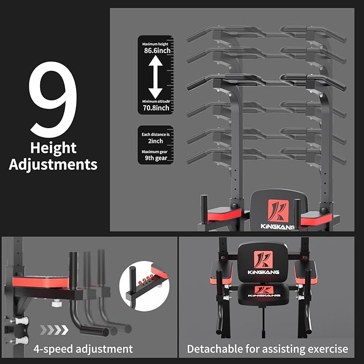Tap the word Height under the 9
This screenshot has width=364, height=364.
[53, 148]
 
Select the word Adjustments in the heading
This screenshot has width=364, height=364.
[53, 164]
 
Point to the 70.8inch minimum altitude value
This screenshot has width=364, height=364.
[156, 108]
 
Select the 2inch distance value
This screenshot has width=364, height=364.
[156, 141]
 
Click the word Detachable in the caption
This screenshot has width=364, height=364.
[217, 349]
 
